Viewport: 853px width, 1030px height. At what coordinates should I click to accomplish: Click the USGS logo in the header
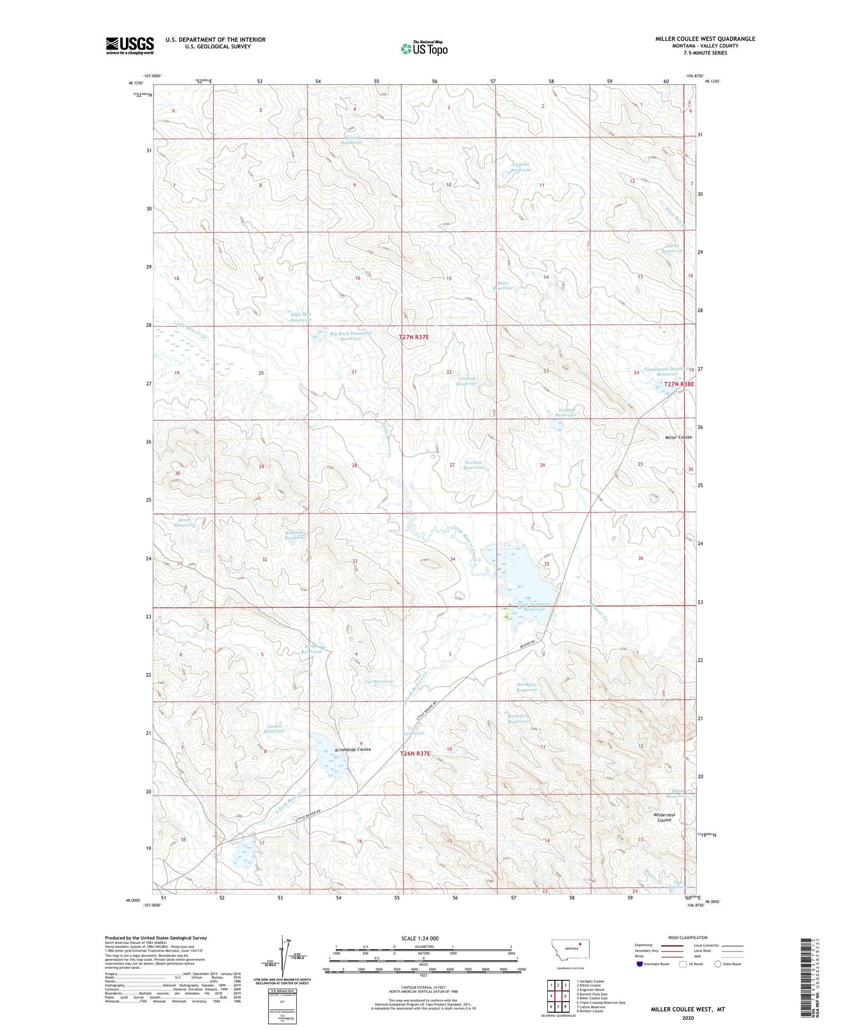(129, 45)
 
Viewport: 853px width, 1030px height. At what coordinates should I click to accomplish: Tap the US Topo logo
(423, 48)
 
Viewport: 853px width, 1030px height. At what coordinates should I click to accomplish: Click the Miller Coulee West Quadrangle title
(705, 39)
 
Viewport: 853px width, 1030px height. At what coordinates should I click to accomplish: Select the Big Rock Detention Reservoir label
(351, 336)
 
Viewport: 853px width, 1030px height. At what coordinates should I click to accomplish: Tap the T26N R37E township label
(416, 754)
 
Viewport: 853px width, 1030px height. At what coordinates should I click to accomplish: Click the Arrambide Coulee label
(352, 749)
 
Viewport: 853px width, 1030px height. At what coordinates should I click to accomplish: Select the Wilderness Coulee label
(664, 817)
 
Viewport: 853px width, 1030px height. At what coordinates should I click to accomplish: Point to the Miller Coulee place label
(678, 437)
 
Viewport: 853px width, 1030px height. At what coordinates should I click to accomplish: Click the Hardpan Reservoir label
(527, 687)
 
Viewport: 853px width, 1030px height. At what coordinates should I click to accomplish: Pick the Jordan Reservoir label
(566, 412)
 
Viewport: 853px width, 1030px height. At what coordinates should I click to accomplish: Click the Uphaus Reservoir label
(521, 167)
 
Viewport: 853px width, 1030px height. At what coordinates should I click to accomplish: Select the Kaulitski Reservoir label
(295, 534)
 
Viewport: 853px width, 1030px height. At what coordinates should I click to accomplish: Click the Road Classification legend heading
(688, 937)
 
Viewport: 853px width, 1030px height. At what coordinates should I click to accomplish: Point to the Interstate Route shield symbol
(640, 965)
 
